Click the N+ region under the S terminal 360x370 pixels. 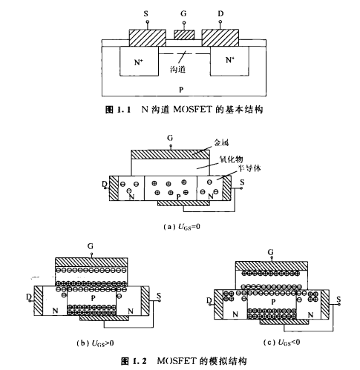(139, 63)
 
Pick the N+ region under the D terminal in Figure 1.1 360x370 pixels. (229, 63)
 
